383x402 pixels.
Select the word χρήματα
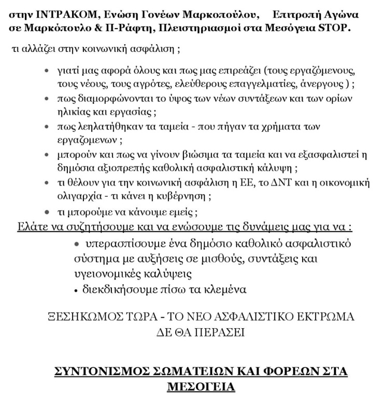click(301, 128)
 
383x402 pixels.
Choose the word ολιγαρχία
click(78, 196)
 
